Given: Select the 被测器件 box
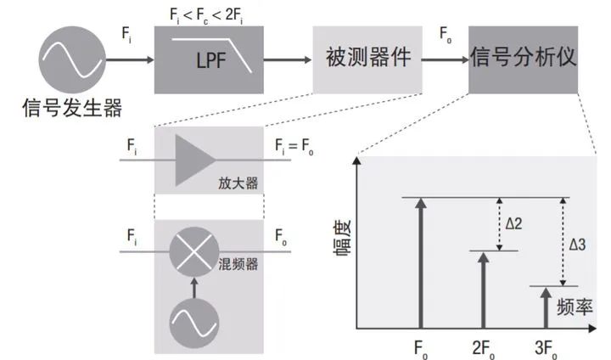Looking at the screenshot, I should click(367, 59).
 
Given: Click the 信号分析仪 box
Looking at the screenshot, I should click(523, 59).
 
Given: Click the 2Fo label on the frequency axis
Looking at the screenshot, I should click(485, 348).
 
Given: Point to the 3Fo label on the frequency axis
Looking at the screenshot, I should click(547, 348).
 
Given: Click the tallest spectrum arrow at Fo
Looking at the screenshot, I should click(421, 263).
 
